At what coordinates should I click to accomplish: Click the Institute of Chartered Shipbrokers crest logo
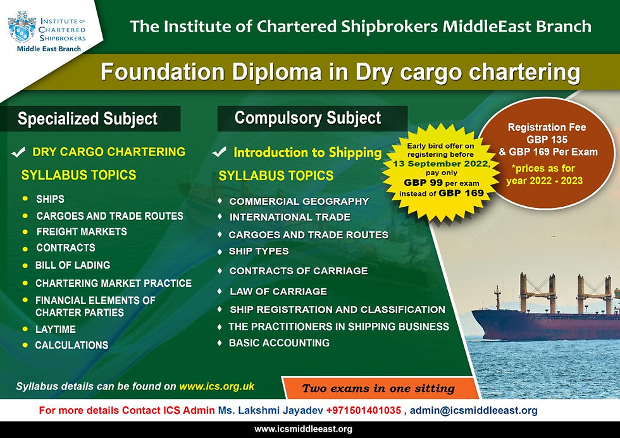22,27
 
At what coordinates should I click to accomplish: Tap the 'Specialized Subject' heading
87,118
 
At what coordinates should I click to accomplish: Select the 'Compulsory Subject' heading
307,118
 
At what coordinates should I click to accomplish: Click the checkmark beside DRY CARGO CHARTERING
18,152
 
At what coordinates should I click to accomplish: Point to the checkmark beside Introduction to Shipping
220,152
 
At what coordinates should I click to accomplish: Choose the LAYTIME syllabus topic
56,329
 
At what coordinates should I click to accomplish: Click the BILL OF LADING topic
73,265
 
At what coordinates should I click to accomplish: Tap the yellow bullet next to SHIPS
25,198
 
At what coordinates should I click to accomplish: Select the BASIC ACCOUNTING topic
279,343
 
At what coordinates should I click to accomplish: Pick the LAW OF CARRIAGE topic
278,291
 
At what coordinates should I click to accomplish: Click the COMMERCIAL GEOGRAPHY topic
299,202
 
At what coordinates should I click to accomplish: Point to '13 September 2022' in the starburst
440,164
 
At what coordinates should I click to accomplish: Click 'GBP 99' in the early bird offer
423,183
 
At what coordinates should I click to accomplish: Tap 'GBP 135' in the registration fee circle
547,140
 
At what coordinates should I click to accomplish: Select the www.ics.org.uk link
216,386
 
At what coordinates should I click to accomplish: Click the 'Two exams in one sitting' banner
378,389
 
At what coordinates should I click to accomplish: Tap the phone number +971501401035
363,410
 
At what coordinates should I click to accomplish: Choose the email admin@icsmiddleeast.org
474,411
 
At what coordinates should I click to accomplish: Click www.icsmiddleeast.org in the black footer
303,429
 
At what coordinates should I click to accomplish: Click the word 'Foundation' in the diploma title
163,72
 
